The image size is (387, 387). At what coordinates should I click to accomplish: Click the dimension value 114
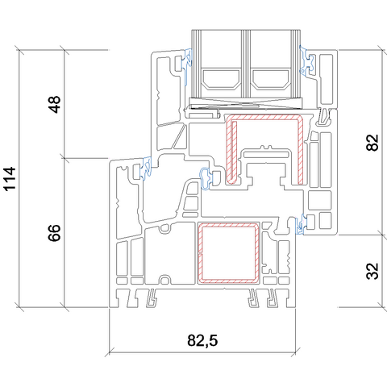(x=10, y=179)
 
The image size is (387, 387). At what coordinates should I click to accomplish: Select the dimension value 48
(x=55, y=105)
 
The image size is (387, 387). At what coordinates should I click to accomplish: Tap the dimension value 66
(x=55, y=233)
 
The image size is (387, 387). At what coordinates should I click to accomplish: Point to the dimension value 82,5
(x=202, y=340)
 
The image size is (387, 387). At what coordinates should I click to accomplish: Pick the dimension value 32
(x=372, y=271)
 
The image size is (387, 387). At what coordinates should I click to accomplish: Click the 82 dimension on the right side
(x=372, y=142)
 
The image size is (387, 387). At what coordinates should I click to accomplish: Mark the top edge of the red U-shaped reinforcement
(x=264, y=116)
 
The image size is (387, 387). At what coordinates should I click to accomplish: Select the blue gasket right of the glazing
(x=307, y=61)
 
